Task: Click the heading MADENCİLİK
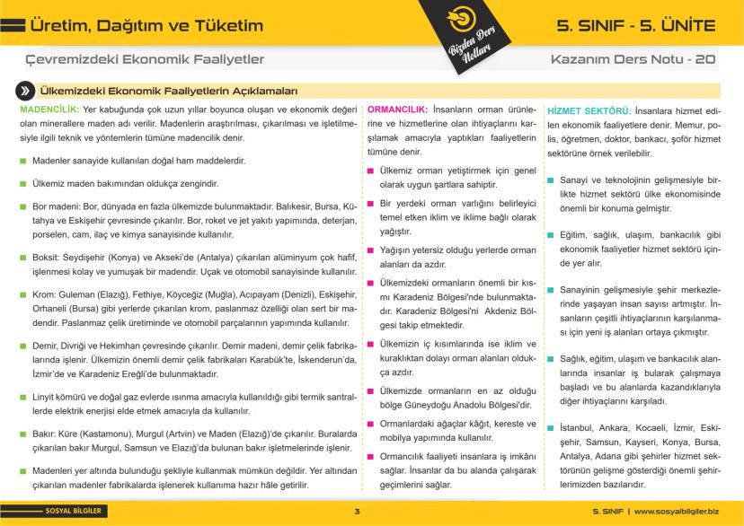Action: click(x=48, y=110)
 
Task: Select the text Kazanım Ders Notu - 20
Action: click(x=633, y=59)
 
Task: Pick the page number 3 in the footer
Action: click(x=357, y=512)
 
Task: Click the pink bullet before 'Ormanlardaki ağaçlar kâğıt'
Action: click(x=371, y=424)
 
